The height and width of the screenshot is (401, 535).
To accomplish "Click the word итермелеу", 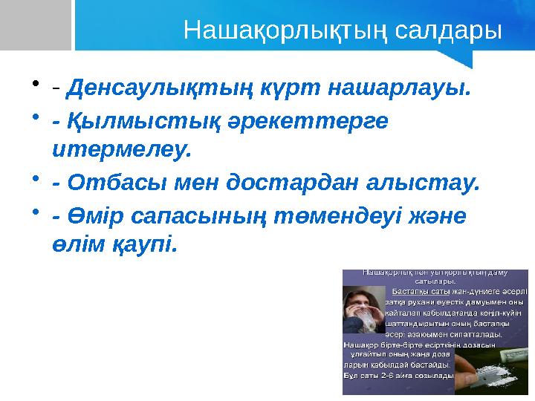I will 122,151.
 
